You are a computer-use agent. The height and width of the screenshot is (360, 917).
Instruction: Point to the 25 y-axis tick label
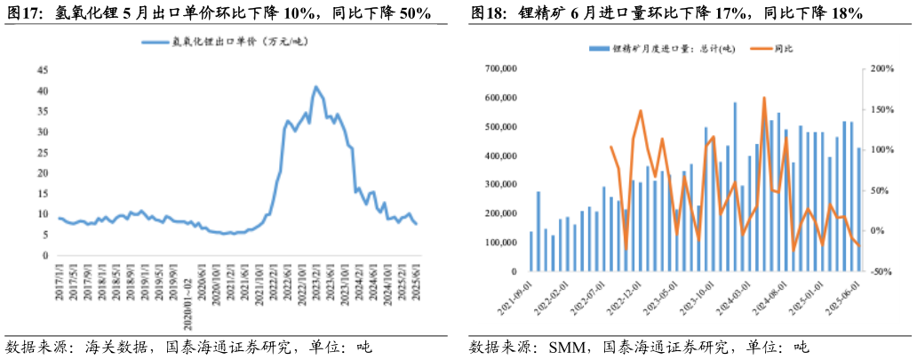(x=43, y=152)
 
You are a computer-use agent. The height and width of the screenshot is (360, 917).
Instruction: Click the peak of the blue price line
(x=315, y=87)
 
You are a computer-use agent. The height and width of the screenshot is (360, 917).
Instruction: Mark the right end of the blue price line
(x=416, y=223)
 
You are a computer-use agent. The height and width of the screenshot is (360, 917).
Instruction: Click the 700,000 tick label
(x=504, y=68)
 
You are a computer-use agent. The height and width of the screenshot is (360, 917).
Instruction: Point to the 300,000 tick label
(x=504, y=185)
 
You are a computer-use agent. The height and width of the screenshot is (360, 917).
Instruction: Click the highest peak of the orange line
(x=764, y=98)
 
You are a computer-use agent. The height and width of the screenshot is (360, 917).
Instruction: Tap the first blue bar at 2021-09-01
(x=531, y=252)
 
